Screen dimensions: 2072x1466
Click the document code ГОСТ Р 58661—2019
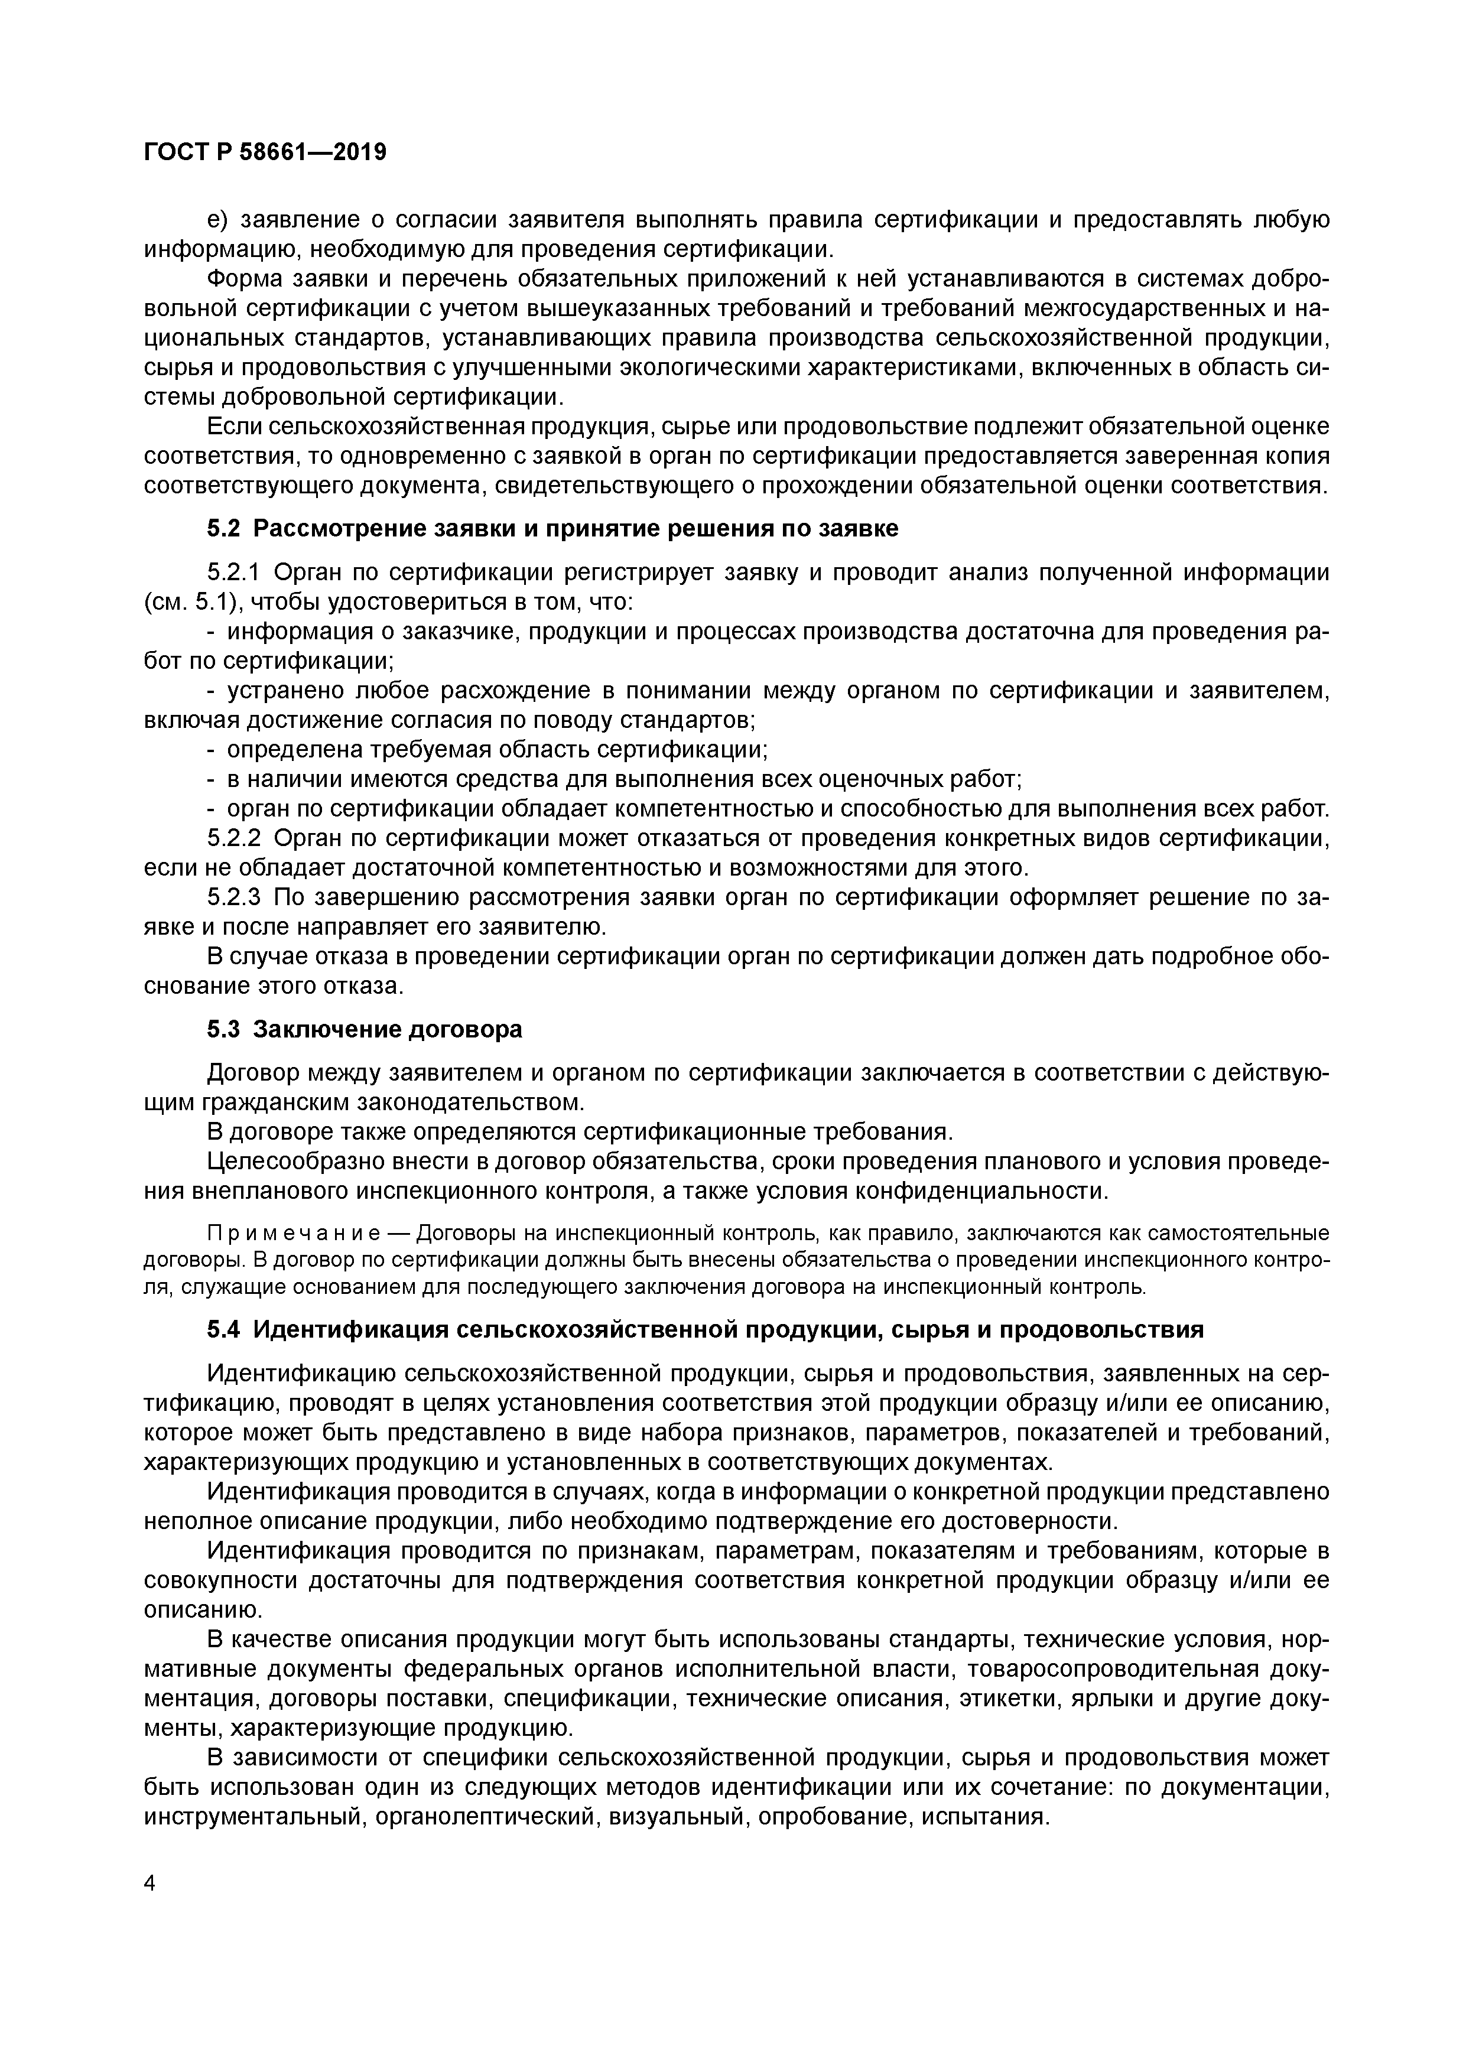(265, 152)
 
